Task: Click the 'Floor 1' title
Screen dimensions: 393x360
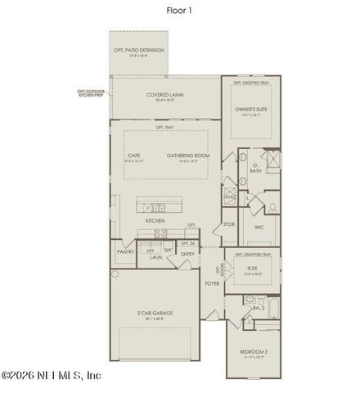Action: [179, 11]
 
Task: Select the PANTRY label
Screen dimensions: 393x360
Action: [125, 252]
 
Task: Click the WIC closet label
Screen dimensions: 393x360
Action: [258, 226]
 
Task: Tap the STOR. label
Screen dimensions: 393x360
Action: [229, 223]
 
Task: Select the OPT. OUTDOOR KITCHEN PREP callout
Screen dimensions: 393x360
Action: [92, 93]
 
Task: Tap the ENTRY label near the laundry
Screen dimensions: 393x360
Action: [187, 254]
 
